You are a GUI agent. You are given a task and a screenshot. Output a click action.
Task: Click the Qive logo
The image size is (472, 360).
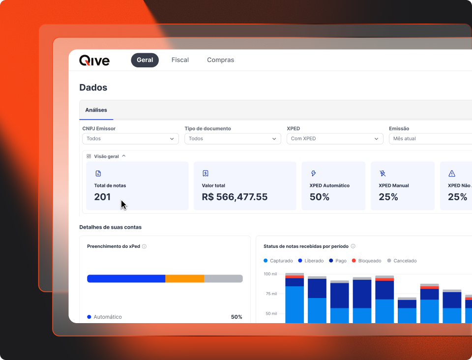tap(94, 60)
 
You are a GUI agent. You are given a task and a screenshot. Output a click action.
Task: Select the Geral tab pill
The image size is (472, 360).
tap(145, 60)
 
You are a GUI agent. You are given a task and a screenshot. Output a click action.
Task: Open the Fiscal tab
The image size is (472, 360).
tap(180, 60)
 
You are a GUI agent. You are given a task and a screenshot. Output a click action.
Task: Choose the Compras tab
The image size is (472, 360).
tap(220, 60)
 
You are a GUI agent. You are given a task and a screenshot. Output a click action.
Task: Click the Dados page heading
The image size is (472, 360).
tap(93, 88)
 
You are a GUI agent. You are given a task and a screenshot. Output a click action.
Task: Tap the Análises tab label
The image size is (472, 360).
tap(96, 110)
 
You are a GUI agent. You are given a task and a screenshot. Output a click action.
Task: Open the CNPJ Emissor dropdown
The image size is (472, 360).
tap(130, 139)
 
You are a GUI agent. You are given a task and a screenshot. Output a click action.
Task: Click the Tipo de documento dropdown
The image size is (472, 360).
tap(233, 139)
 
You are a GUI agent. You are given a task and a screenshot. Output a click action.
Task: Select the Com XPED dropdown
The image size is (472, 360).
tap(335, 139)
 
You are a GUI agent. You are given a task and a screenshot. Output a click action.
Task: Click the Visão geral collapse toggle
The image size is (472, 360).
tap(124, 156)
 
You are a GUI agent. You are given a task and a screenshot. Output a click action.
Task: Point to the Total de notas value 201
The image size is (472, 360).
tap(102, 197)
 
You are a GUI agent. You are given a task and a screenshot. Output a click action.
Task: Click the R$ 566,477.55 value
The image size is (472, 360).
tap(235, 197)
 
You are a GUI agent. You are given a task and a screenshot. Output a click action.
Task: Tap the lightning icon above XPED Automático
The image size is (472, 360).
tap(314, 174)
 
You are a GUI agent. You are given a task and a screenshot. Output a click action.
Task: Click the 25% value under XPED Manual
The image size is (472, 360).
tap(388, 197)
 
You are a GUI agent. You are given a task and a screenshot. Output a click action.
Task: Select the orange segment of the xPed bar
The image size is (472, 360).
tap(184, 278)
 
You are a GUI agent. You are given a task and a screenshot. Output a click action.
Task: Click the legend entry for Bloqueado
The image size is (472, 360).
tap(367, 261)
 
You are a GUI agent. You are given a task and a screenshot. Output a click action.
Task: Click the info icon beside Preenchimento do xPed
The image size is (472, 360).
tap(144, 246)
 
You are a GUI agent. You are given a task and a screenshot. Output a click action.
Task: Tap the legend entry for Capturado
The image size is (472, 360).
tap(278, 261)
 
